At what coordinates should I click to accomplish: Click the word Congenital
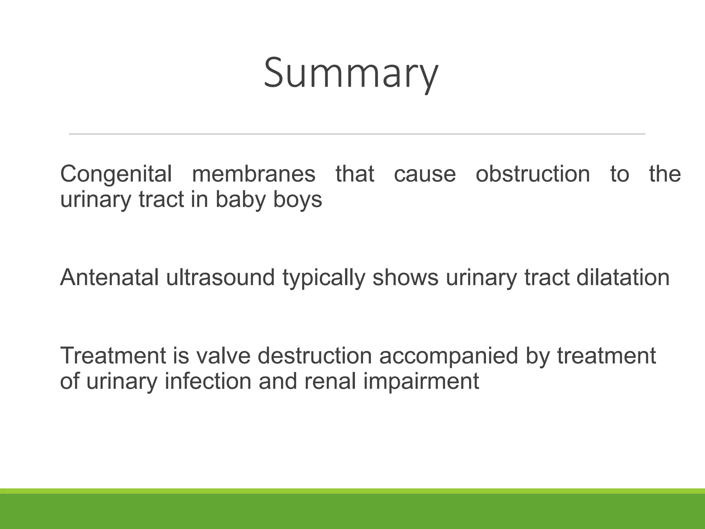coord(116,174)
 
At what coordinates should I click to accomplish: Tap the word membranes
coord(253,174)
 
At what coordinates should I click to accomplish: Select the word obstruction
coord(533,174)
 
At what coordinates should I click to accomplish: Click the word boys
coord(297,200)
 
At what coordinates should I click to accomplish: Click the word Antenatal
coord(109,277)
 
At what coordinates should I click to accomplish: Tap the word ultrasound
coord(220,277)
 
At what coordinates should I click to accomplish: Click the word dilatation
coord(623,277)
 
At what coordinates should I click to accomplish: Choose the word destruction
coord(315,355)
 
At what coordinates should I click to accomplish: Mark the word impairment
coord(421,382)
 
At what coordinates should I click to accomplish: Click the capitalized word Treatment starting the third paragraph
coord(113,355)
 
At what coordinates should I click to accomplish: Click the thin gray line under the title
coord(357,134)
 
